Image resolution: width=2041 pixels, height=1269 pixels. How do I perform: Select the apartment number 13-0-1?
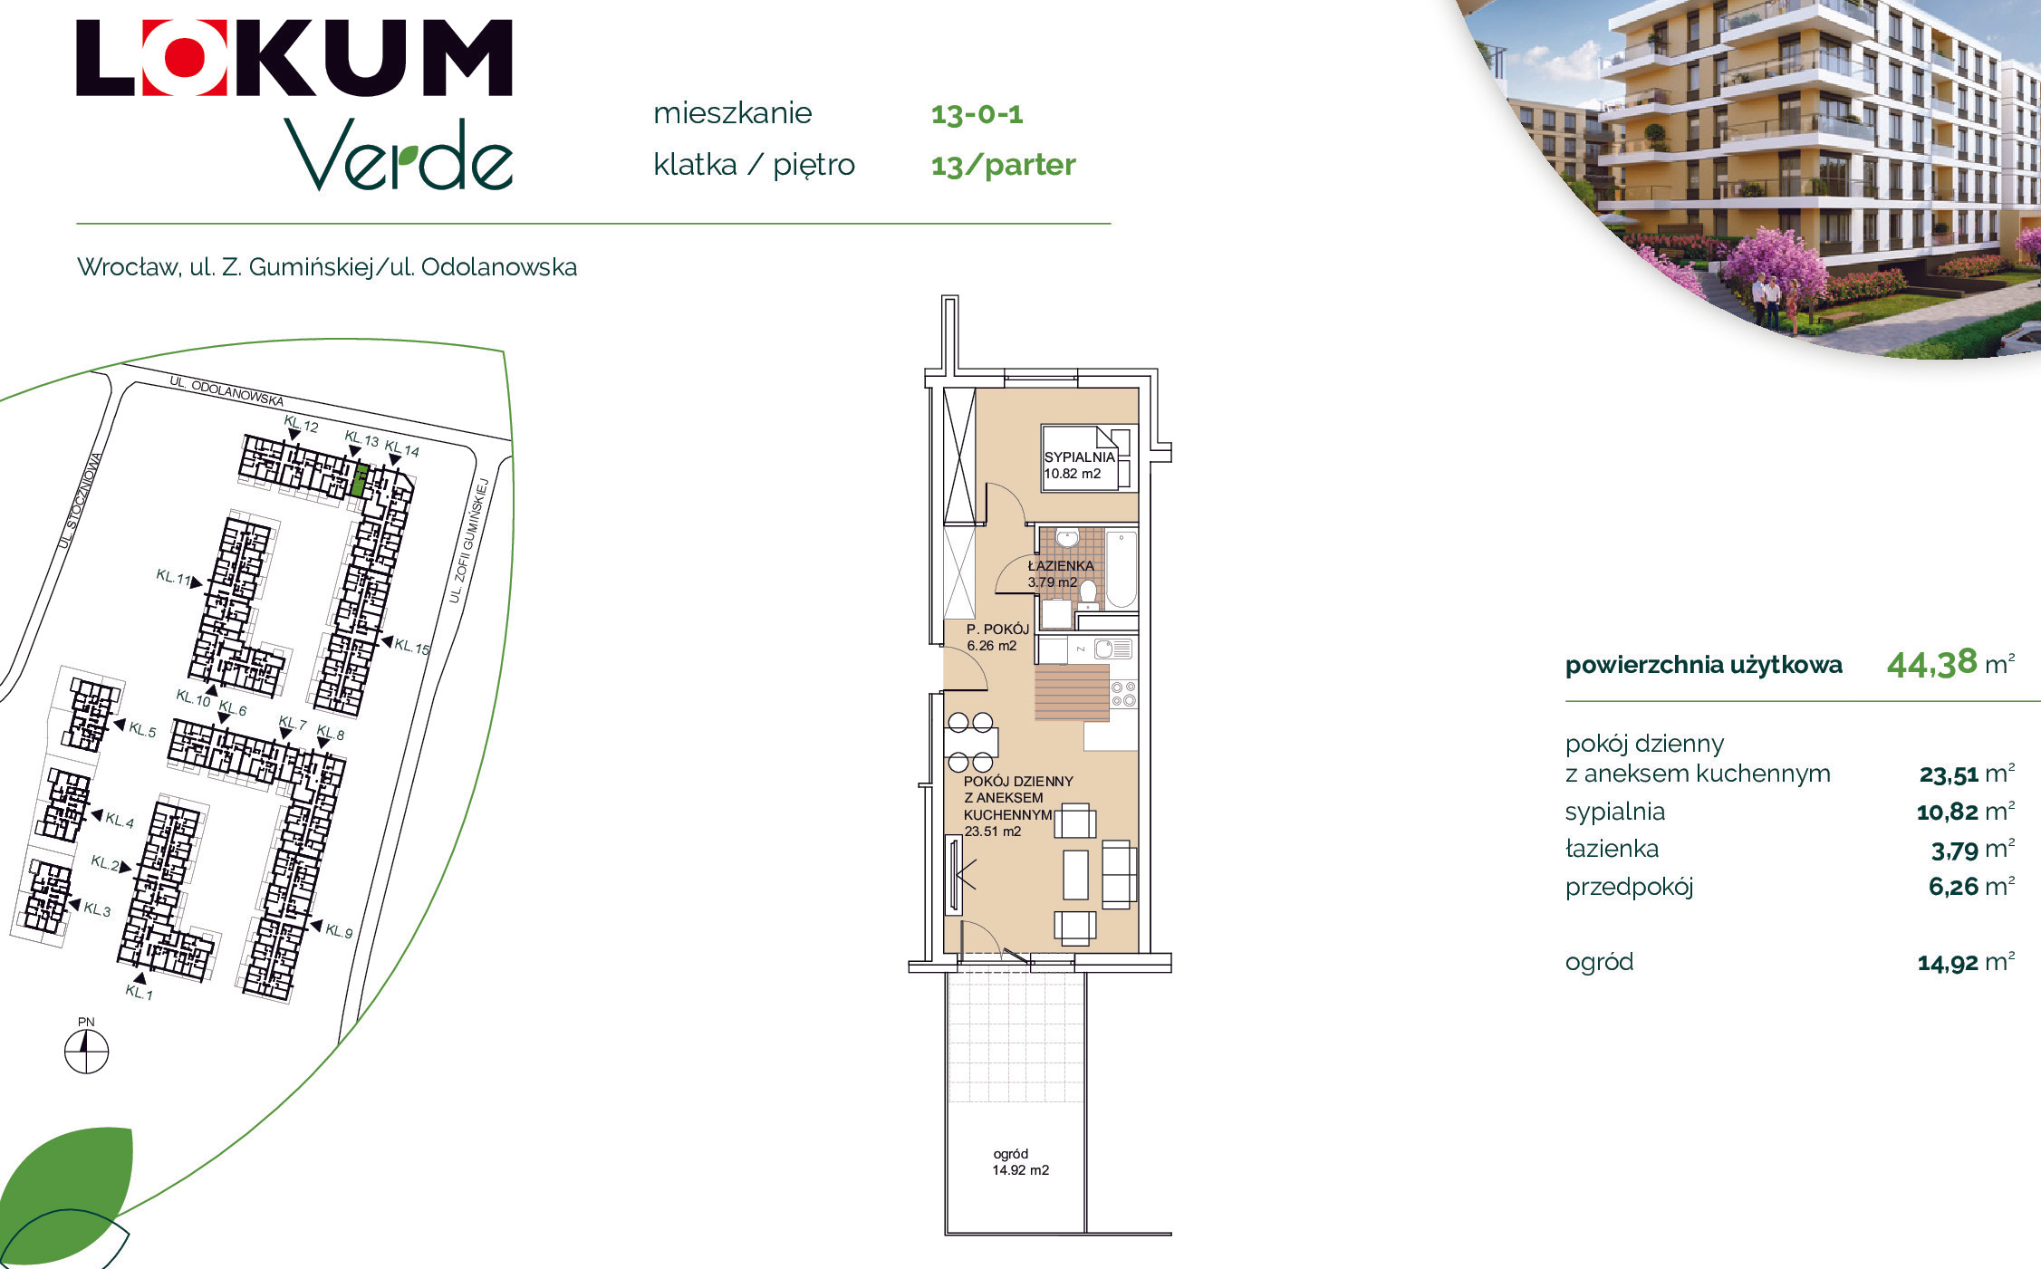click(977, 114)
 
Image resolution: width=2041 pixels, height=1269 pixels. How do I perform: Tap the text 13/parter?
click(1003, 165)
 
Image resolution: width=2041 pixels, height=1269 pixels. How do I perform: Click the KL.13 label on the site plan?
click(361, 438)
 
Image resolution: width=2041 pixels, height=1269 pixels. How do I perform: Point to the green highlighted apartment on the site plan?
click(360, 480)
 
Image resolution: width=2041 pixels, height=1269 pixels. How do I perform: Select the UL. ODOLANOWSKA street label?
click(226, 391)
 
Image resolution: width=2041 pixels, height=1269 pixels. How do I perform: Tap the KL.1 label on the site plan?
click(139, 993)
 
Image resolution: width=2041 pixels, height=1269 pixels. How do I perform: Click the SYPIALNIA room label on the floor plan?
click(1079, 457)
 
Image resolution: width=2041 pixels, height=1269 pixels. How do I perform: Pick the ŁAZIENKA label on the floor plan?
click(1061, 565)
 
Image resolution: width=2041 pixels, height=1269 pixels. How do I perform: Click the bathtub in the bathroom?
click(1121, 569)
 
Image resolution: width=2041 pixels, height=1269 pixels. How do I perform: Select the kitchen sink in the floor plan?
click(1112, 649)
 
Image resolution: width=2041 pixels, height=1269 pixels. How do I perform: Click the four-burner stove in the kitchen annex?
click(1123, 695)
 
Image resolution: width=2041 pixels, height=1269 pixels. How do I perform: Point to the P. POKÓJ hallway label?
click(997, 629)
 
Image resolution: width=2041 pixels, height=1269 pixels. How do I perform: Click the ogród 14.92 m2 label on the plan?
click(1020, 1161)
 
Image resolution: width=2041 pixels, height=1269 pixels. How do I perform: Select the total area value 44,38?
click(1931, 664)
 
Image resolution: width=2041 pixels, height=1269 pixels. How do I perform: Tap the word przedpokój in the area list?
click(1629, 887)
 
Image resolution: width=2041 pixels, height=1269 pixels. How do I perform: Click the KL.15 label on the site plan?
click(412, 647)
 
